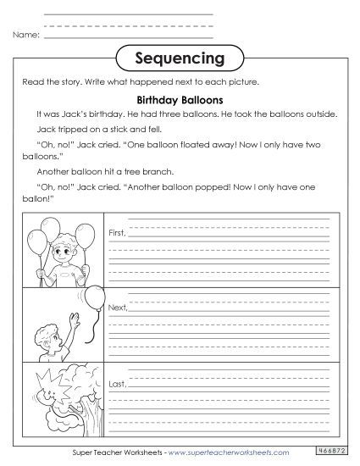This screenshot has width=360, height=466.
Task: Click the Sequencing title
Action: [x=179, y=58]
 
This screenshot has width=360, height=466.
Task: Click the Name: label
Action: [x=26, y=36]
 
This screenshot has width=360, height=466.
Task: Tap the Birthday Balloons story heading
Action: [x=179, y=98]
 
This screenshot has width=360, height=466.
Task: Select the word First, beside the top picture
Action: [x=117, y=231]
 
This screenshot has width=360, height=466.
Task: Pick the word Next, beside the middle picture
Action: [x=118, y=306]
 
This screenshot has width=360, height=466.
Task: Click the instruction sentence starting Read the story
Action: [x=140, y=82]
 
